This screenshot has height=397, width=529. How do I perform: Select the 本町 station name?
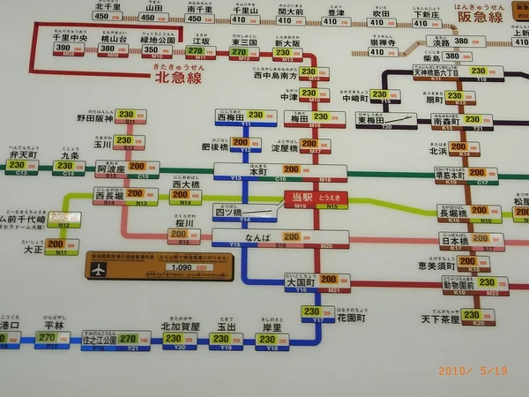(x=257, y=171)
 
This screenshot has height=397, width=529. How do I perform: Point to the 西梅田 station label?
(x=230, y=116)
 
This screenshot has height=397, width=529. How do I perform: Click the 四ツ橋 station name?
(x=227, y=211)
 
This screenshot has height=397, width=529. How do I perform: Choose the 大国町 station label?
(x=298, y=281)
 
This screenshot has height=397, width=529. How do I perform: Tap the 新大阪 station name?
(x=287, y=42)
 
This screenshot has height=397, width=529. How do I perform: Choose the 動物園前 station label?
(x=460, y=284)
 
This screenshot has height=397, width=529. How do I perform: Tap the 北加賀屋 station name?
(x=179, y=326)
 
